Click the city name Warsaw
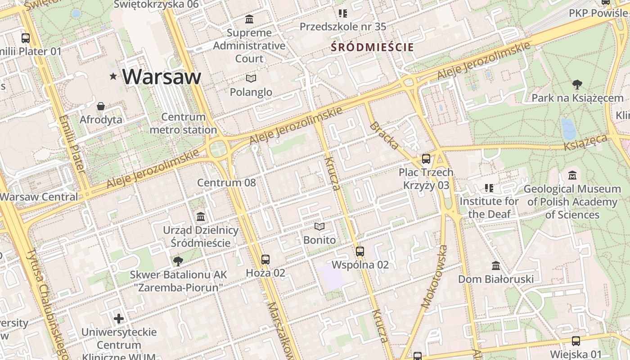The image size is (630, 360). [162, 76]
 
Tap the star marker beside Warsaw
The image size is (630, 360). [113, 76]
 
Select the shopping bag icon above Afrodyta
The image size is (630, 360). [101, 106]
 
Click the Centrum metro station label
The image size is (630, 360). [183, 123]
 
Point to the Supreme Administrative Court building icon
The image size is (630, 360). [249, 19]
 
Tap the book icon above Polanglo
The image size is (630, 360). [251, 79]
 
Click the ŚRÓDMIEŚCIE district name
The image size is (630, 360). [372, 47]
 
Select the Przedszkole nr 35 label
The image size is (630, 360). [343, 27]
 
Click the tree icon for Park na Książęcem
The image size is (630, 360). [577, 84]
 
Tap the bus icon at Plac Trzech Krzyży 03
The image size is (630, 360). [426, 159]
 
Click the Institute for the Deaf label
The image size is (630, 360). [489, 207]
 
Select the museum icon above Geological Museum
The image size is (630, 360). [572, 175]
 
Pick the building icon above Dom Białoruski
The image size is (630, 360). [496, 266]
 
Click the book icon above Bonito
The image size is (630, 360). [319, 226]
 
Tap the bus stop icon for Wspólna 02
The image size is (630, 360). [360, 252]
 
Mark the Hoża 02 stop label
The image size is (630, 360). [265, 273]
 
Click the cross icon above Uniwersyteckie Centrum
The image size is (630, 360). [119, 319]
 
